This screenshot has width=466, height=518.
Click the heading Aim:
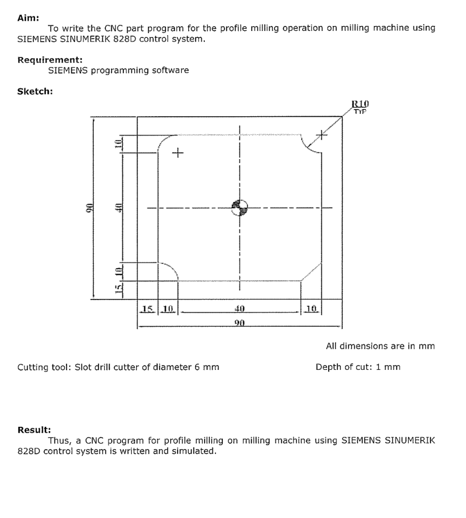(28, 18)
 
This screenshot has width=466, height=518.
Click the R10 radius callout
(360, 104)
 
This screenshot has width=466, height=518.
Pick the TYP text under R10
(361, 111)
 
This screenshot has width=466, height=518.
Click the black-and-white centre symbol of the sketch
(239, 207)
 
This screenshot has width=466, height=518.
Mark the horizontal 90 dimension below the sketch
(239, 323)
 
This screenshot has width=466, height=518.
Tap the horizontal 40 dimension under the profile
(239, 309)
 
